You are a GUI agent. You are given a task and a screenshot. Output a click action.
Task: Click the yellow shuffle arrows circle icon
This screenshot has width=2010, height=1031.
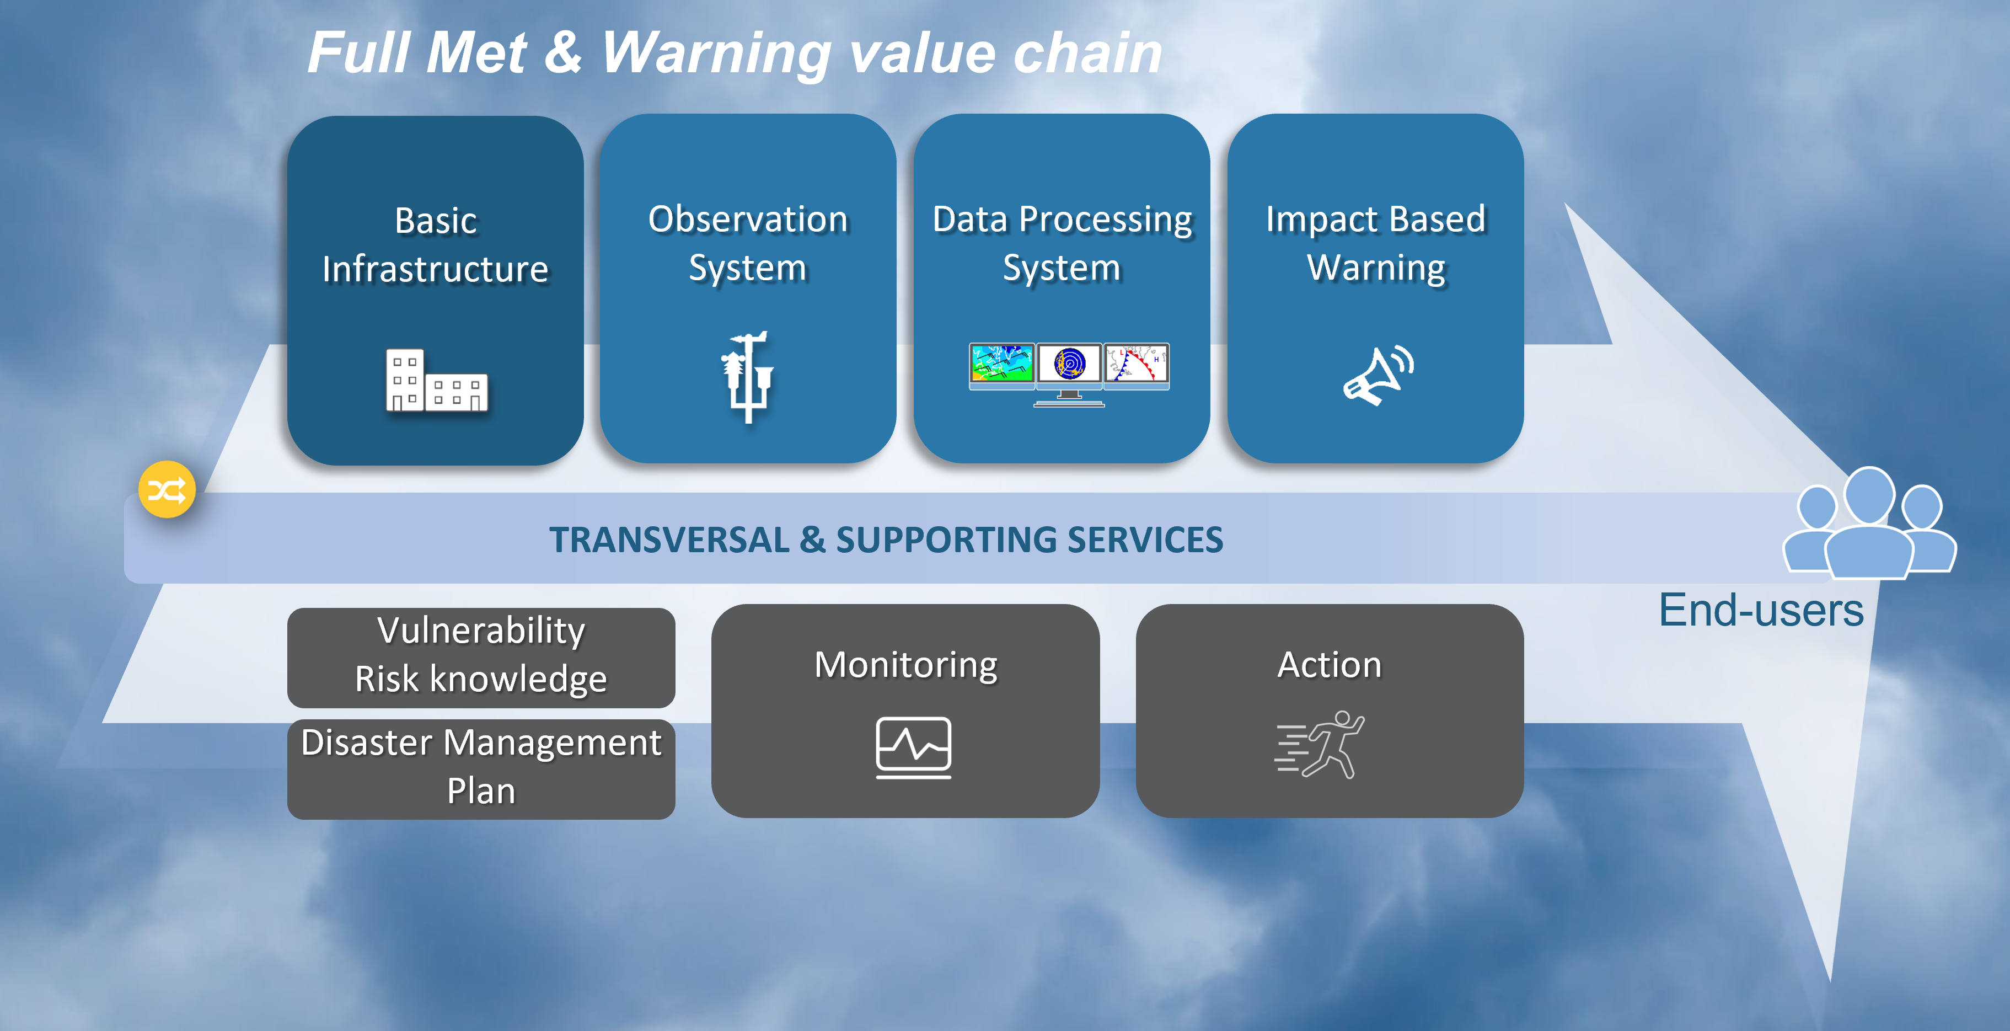[167, 489]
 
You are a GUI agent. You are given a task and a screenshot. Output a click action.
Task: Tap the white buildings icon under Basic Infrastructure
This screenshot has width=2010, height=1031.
[436, 380]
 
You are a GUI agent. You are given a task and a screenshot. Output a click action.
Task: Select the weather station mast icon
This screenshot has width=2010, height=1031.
[748, 377]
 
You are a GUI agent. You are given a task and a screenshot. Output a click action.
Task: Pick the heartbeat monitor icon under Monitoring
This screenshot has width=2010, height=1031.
[913, 747]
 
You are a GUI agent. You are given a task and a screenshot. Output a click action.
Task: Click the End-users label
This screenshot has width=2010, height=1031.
[1761, 610]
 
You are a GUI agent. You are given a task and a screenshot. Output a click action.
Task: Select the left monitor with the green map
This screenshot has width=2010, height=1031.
[1002, 365]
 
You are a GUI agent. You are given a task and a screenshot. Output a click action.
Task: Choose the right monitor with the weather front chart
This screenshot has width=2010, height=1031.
[1136, 365]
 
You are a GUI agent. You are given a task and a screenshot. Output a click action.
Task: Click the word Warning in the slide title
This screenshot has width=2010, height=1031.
[716, 55]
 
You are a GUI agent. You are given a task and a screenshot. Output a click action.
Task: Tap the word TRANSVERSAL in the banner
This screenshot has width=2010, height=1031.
[669, 540]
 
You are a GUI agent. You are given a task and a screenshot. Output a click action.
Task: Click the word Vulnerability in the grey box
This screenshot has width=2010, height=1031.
[481, 631]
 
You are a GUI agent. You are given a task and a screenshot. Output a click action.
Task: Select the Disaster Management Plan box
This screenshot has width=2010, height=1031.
[481, 769]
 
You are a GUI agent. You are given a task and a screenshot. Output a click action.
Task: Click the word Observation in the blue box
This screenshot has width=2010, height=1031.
[748, 220]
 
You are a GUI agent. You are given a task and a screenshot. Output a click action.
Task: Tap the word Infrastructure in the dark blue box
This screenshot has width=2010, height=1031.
[436, 269]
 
